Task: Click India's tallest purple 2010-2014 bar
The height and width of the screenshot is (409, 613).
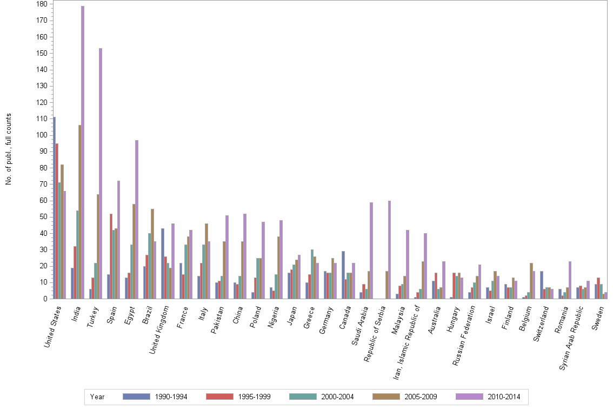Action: click(x=83, y=152)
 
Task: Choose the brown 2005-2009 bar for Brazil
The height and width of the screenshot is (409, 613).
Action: click(x=152, y=254)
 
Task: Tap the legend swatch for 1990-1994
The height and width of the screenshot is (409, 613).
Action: click(x=136, y=397)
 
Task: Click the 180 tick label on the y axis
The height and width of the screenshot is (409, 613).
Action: click(x=41, y=4)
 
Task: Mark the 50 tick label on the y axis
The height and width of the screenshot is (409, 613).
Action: click(x=43, y=217)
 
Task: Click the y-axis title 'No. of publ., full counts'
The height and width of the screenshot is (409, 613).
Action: click(x=9, y=149)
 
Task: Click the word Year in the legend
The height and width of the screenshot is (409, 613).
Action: click(x=98, y=397)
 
